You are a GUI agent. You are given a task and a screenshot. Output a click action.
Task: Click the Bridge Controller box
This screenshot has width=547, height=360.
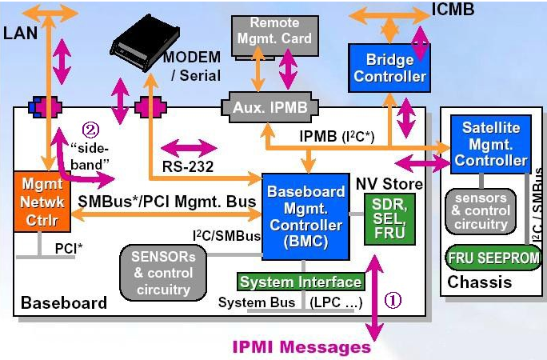(x=389, y=67)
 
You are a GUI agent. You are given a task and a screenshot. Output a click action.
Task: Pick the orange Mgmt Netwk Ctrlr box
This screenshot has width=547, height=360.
(x=37, y=200)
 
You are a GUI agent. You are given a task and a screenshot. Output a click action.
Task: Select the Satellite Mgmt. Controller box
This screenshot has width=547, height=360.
(x=490, y=144)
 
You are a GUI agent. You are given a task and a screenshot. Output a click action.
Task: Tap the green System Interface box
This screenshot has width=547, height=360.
(x=301, y=282)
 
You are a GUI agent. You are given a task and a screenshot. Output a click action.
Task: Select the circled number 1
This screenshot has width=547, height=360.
(x=393, y=302)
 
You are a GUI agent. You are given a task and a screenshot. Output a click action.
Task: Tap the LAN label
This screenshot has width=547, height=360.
(x=20, y=34)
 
